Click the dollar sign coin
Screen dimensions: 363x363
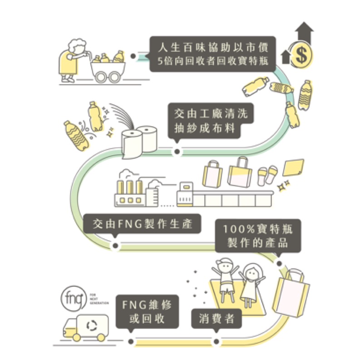pos(300,55)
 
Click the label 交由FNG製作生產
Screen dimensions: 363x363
pos(142,224)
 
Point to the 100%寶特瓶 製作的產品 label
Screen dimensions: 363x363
pos(257,236)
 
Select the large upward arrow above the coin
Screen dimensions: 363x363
pos(303,29)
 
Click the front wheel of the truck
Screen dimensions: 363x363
pos(76,338)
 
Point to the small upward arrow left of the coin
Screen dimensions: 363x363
pos(285,58)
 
